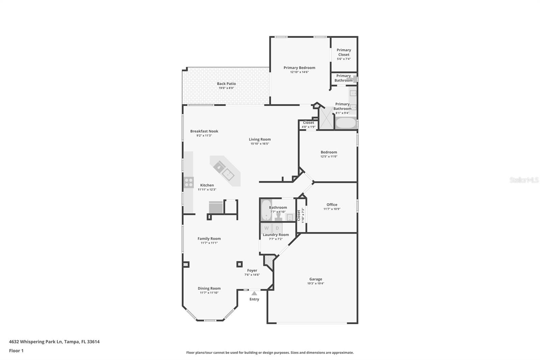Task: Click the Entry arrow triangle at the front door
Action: [254, 293]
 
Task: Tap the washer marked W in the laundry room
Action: [266, 228]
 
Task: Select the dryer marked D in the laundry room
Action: [277, 228]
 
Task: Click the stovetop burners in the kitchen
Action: [189, 182]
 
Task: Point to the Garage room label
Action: [316, 279]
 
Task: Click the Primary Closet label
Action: [344, 52]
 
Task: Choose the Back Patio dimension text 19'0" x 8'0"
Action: [226, 88]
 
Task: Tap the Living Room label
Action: [260, 139]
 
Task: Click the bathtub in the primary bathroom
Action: [346, 123]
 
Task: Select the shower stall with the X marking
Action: [326, 118]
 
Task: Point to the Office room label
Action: [332, 205]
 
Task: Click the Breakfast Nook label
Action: [204, 131]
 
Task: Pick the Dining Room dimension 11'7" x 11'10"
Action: [209, 293]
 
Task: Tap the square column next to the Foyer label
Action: [239, 264]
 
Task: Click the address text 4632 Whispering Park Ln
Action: [36, 342]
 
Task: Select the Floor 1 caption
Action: [16, 351]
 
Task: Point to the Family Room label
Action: [209, 239]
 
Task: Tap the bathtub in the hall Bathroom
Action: [266, 210]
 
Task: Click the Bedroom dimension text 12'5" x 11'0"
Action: [329, 156]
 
